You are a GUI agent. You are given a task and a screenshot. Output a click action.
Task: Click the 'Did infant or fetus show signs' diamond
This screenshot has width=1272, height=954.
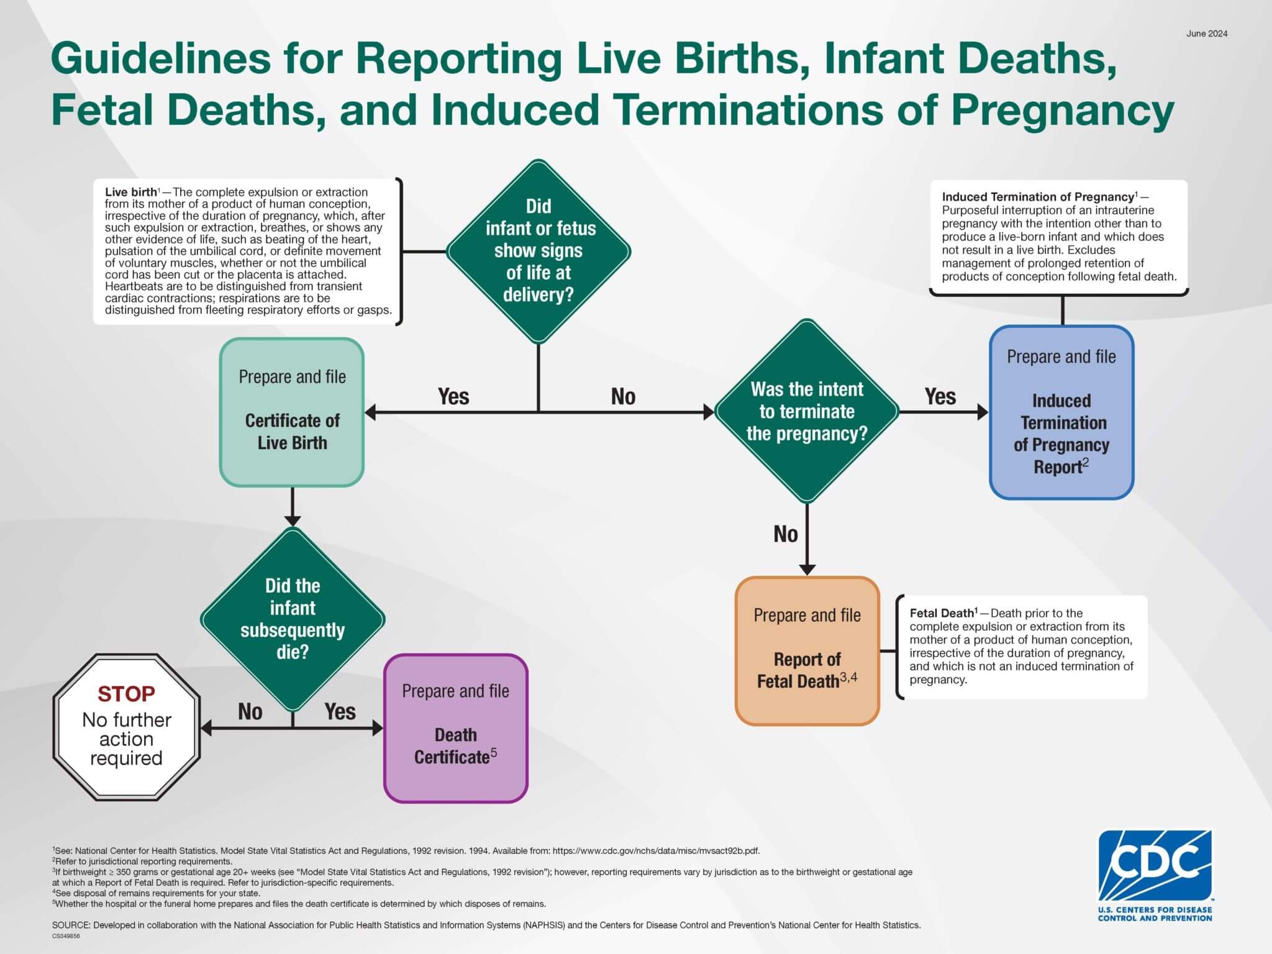tap(538, 251)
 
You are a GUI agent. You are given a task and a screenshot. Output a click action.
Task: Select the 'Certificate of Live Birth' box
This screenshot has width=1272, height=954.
tap(292, 412)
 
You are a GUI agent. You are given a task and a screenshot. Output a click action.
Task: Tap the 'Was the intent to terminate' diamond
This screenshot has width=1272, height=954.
tap(807, 411)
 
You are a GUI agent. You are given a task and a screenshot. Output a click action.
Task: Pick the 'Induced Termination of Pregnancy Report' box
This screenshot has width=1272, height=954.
tap(1061, 412)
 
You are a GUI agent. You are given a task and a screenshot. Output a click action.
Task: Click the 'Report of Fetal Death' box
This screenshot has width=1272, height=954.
tap(807, 651)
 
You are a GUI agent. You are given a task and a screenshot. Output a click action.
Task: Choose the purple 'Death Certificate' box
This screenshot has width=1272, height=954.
tap(455, 728)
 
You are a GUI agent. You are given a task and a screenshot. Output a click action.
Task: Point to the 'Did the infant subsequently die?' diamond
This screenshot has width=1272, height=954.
tap(293, 619)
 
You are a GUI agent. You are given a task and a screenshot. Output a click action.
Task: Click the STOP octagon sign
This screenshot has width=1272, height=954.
tap(127, 727)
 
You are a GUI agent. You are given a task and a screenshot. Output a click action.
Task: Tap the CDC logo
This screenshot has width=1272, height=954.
tap(1155, 875)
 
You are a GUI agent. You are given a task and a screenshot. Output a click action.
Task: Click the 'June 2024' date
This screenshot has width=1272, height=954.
tap(1206, 34)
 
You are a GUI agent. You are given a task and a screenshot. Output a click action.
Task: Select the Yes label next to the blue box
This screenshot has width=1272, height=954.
tap(940, 396)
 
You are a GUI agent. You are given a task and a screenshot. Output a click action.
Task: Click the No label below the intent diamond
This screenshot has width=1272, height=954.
tap(785, 534)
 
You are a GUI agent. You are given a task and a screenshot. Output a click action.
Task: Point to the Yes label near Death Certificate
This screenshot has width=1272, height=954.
tap(340, 712)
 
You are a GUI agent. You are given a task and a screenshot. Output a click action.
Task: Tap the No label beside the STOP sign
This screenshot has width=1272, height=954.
tap(250, 712)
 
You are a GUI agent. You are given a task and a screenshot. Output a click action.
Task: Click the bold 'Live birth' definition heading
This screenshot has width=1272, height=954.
tap(130, 193)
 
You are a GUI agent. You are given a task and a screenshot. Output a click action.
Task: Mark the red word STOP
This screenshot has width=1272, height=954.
tap(126, 694)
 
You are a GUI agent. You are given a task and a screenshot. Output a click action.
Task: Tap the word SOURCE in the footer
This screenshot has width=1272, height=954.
tap(71, 925)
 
